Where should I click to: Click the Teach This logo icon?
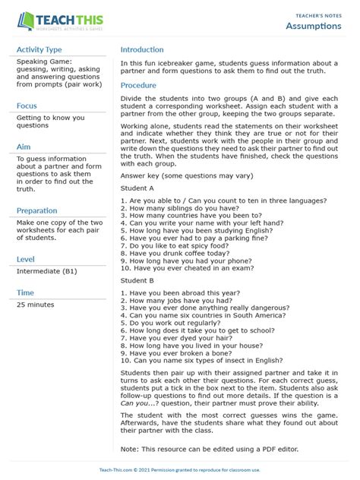tap(25, 21)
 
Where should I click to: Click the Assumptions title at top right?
tap(313, 27)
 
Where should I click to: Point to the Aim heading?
tap(24, 147)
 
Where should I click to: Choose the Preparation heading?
tap(36, 210)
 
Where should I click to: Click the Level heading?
tap(26, 259)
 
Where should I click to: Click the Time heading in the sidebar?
tap(25, 292)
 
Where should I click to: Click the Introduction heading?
tap(142, 49)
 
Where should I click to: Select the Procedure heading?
tap(138, 85)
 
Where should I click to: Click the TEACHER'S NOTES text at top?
tap(318, 14)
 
